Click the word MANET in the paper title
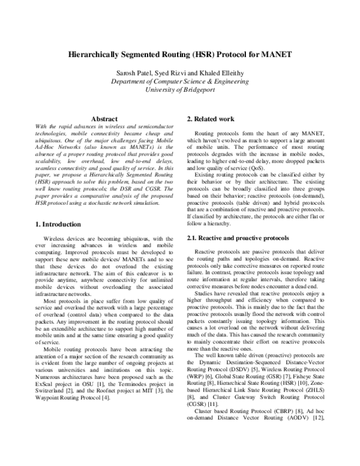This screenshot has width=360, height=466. click(x=275, y=55)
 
